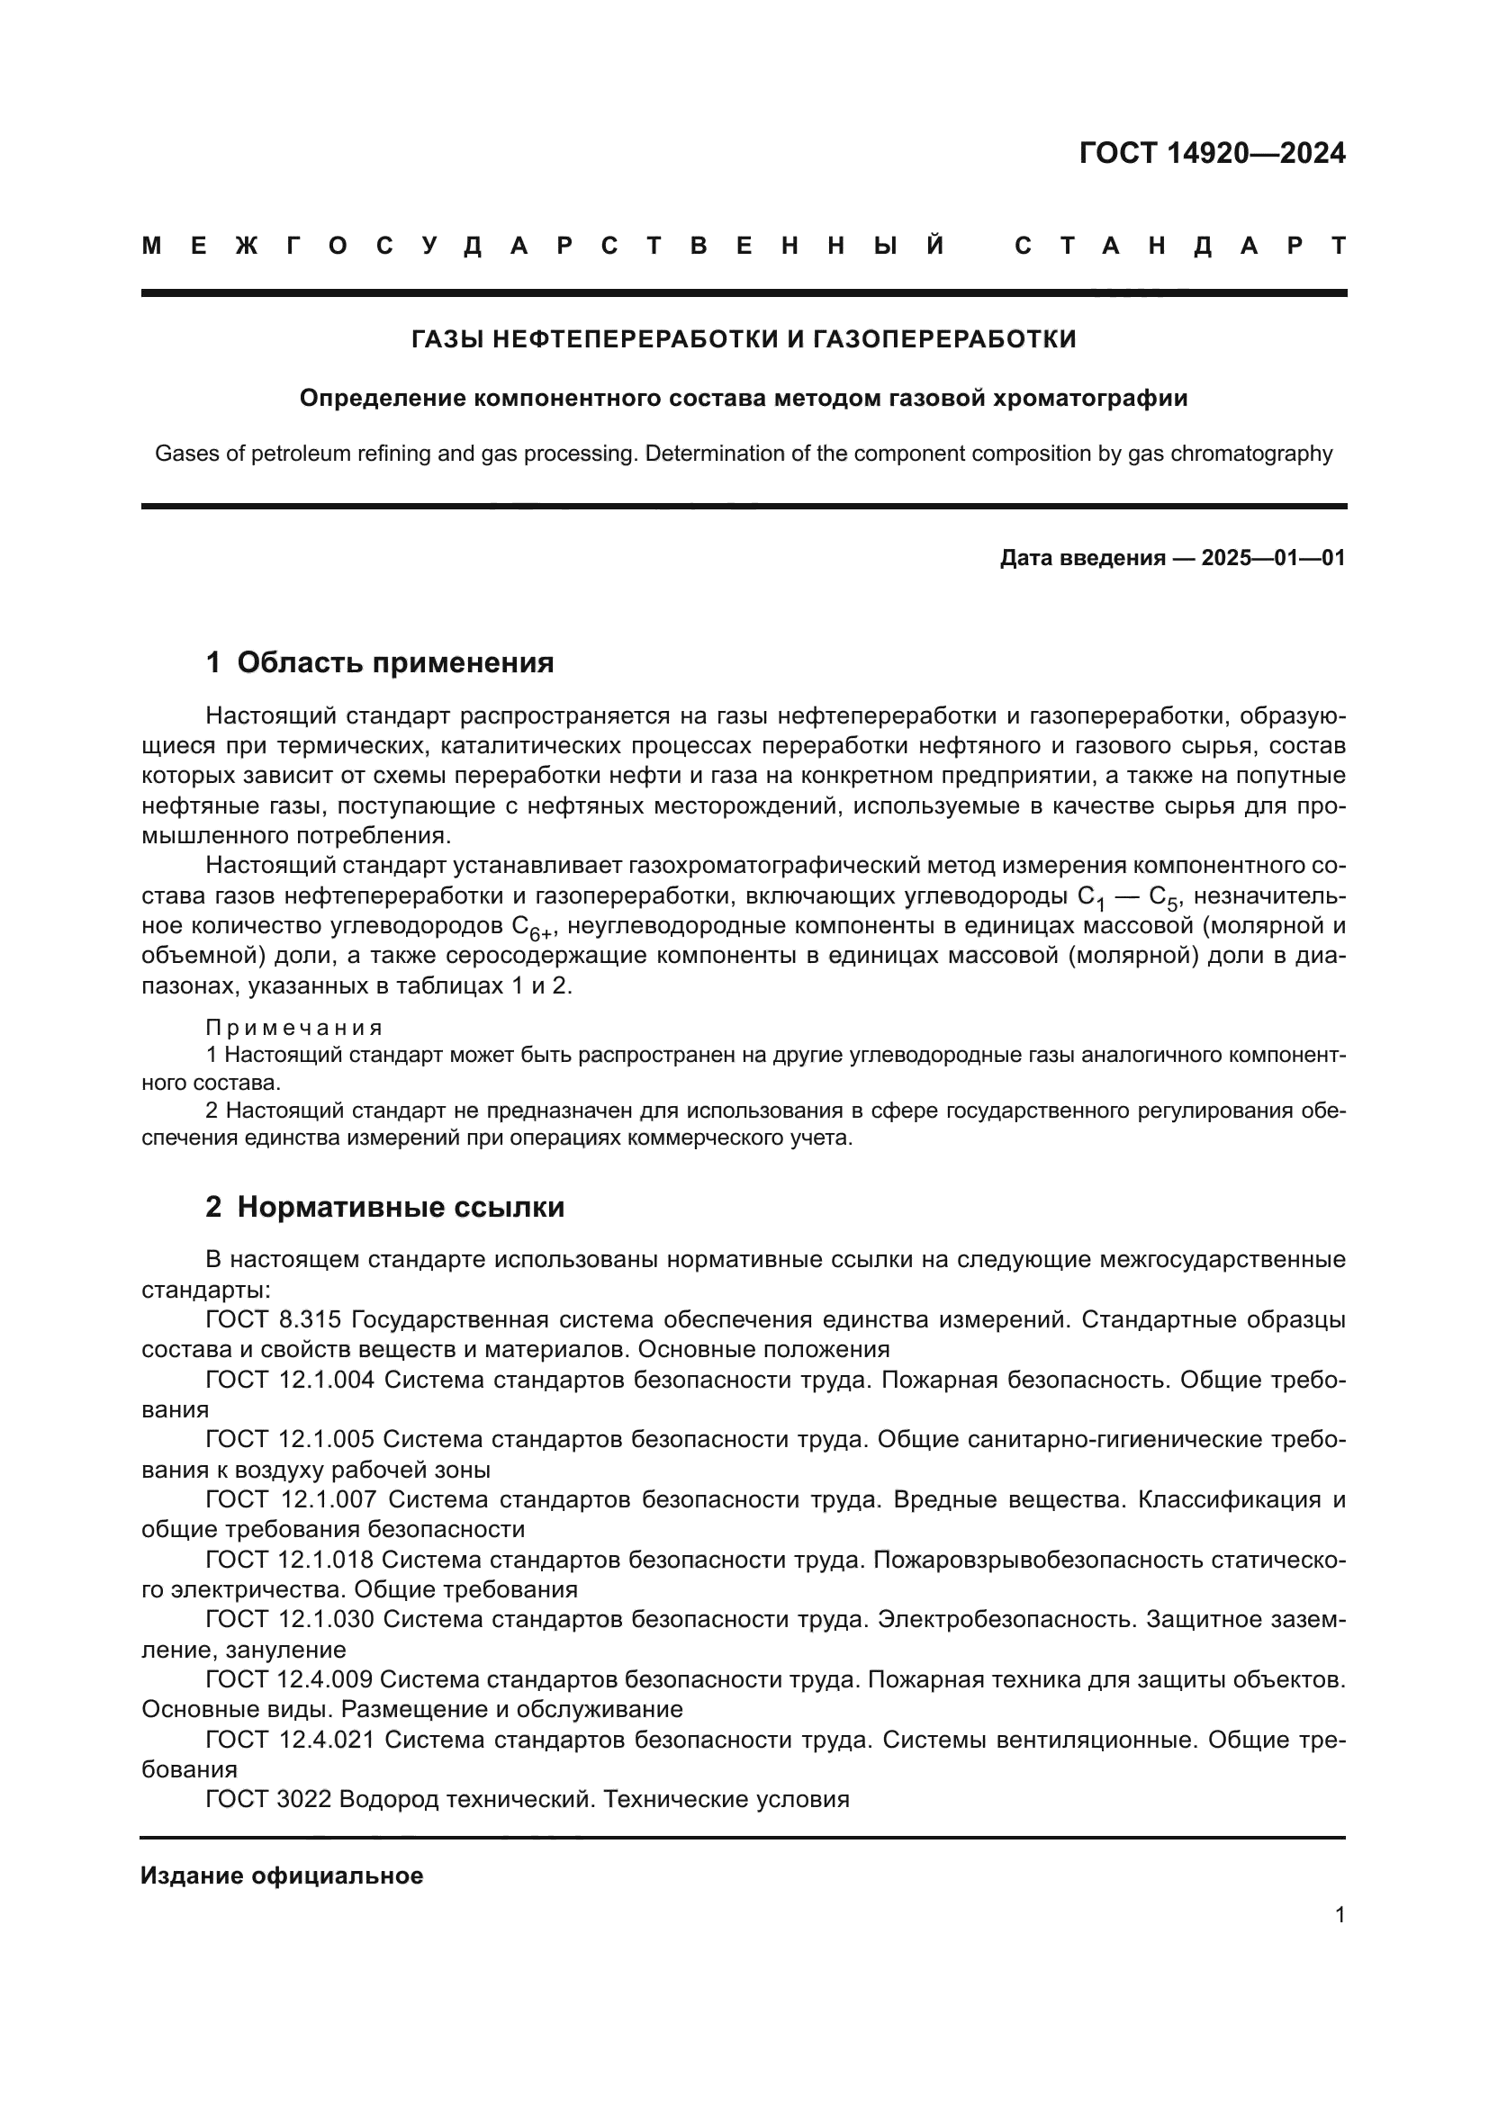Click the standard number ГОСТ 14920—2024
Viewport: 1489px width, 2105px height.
[x=1211, y=153]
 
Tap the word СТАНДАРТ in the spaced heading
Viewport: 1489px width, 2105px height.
[x=1180, y=246]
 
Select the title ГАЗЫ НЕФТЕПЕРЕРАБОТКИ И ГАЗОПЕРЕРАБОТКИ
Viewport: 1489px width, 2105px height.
[x=744, y=339]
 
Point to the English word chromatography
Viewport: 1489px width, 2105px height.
[x=1252, y=453]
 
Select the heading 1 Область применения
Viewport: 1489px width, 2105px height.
[x=380, y=662]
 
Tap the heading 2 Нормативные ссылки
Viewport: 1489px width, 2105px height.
[x=384, y=1208]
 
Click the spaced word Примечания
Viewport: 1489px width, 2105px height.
[x=293, y=1027]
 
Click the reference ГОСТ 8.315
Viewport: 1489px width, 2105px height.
[x=274, y=1319]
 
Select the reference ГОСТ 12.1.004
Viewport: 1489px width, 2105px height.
[x=290, y=1379]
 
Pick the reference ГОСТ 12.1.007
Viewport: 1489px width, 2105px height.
[x=290, y=1499]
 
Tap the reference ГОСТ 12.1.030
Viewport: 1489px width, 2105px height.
[x=290, y=1619]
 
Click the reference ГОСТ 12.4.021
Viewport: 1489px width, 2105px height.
[x=290, y=1740]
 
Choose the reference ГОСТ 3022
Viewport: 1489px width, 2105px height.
[x=267, y=1799]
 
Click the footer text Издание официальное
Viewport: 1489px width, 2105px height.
[x=282, y=1876]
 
